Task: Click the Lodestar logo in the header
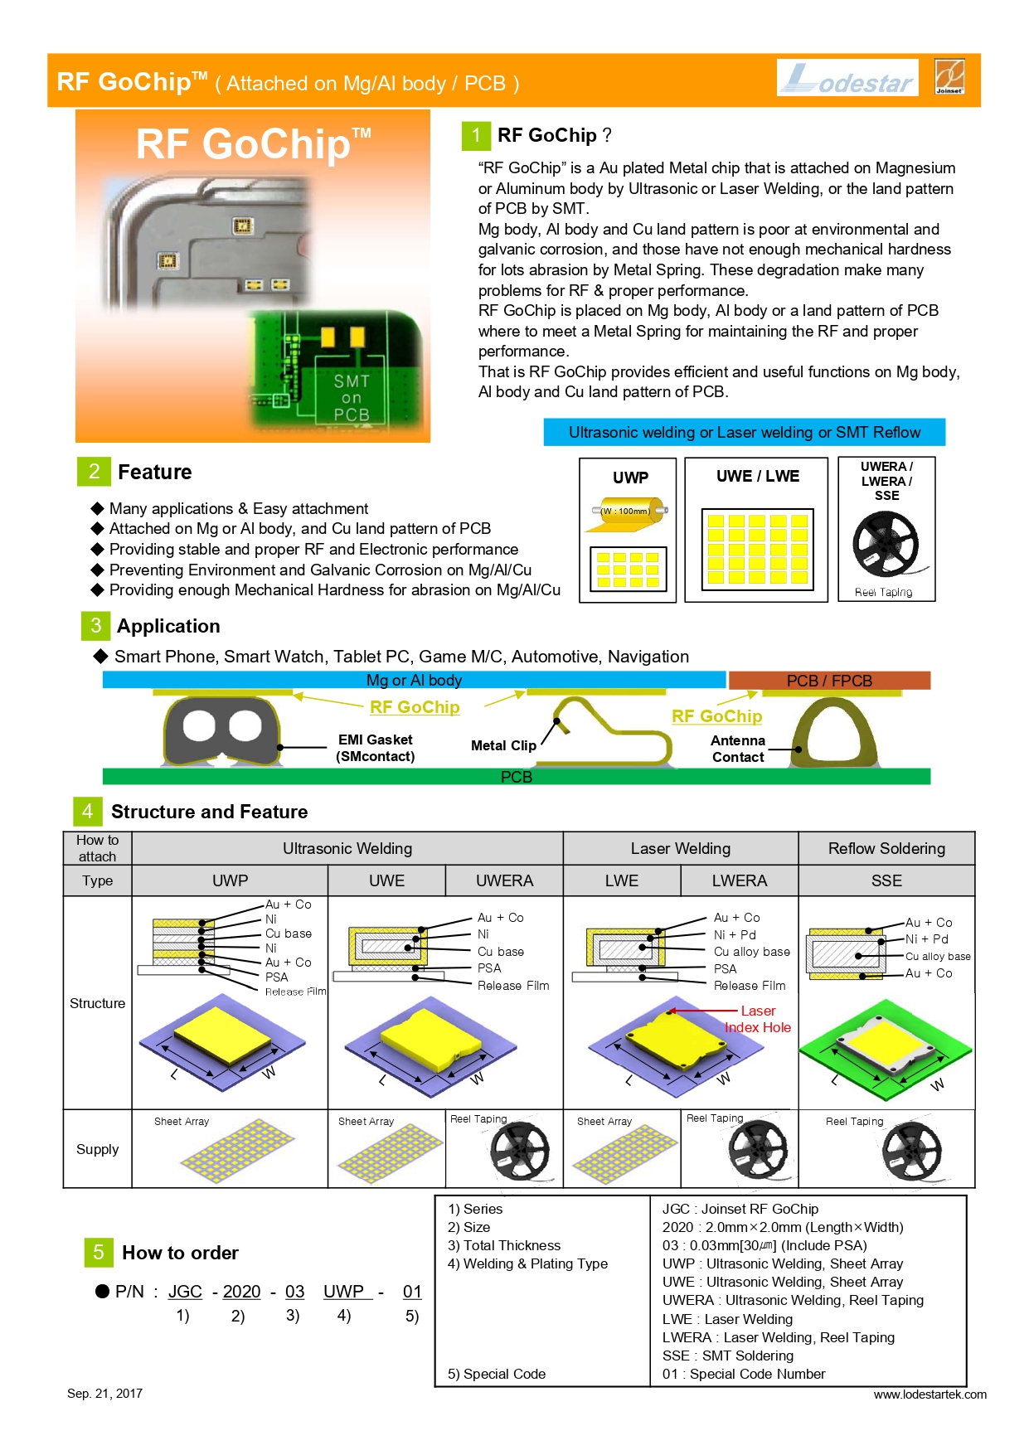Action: click(x=847, y=78)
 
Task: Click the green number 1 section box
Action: click(x=476, y=136)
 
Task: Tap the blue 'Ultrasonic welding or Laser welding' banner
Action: click(x=744, y=432)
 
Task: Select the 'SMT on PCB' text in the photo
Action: click(x=352, y=398)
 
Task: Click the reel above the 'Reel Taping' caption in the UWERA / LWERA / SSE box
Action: click(x=886, y=543)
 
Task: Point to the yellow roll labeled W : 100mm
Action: click(x=630, y=511)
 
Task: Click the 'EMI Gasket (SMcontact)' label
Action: click(x=375, y=748)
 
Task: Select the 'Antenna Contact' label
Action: click(x=738, y=749)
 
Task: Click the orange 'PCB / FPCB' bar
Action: click(x=829, y=681)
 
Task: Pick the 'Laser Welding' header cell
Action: click(x=680, y=848)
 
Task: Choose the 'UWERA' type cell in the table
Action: click(x=504, y=880)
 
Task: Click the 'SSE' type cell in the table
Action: click(x=886, y=880)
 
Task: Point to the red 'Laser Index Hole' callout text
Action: click(x=758, y=1019)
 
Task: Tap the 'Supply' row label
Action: click(x=97, y=1149)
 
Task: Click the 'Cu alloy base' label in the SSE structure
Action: click(x=938, y=956)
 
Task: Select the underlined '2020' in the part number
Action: click(x=241, y=1292)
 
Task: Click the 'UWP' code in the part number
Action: click(x=344, y=1292)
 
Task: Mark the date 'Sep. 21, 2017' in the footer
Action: click(x=104, y=1394)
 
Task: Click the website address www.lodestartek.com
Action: click(x=929, y=1394)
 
